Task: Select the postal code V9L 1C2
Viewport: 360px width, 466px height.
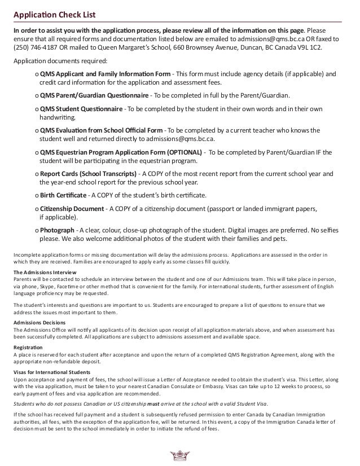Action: coord(325,48)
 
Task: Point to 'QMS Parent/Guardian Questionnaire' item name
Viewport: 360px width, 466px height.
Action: coord(94,95)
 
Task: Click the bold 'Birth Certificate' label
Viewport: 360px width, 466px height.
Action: coord(63,196)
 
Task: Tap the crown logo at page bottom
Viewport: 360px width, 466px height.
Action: coord(181,456)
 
